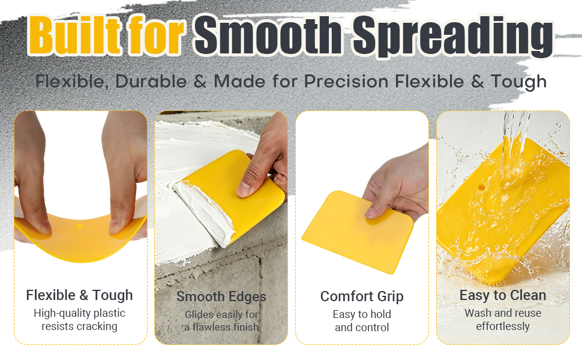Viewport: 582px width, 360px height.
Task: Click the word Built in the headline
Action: (74, 35)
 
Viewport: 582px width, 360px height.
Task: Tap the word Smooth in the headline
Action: (268, 35)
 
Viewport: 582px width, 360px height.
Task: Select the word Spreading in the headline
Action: (452, 37)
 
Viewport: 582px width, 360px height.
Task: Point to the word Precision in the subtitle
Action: (347, 81)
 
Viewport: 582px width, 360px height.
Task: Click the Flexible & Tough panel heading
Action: (79, 295)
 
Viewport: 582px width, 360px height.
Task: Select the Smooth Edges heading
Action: (221, 296)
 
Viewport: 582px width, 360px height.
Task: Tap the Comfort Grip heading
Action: (362, 296)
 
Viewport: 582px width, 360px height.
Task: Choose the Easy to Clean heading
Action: (503, 295)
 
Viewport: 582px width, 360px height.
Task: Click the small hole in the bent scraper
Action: (79, 226)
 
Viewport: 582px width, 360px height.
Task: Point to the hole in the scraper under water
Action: (482, 187)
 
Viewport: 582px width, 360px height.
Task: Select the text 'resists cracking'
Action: (79, 326)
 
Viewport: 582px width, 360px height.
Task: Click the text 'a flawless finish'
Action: (221, 327)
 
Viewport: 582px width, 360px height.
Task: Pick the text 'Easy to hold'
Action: (362, 314)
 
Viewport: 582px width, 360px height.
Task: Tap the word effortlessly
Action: (503, 326)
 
